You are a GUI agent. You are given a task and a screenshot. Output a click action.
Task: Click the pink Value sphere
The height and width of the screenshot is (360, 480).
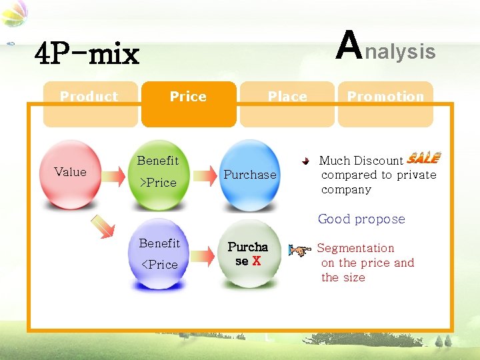tap(70, 175)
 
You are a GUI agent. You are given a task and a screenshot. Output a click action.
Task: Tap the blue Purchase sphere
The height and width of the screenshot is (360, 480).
tap(250, 175)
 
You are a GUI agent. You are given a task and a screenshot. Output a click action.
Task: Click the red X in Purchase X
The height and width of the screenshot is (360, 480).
tap(257, 261)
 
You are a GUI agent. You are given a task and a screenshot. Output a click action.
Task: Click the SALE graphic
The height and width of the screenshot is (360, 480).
tap(423, 158)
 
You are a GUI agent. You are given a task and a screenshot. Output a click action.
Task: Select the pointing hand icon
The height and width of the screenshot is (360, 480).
tap(299, 251)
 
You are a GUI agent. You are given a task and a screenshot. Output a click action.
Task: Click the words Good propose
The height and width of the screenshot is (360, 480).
tap(361, 219)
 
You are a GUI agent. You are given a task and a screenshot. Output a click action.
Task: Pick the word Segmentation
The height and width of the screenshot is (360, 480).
tap(355, 248)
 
